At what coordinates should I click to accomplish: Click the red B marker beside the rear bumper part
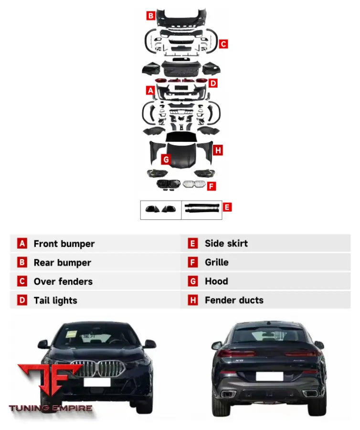pyautogui.click(x=150, y=16)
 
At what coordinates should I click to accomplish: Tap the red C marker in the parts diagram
pyautogui.click(x=223, y=44)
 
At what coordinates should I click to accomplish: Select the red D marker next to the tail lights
pyautogui.click(x=213, y=84)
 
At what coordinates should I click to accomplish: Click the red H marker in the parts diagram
pyautogui.click(x=218, y=150)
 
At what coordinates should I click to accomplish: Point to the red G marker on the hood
pyautogui.click(x=166, y=160)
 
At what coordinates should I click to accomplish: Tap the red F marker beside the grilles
pyautogui.click(x=212, y=186)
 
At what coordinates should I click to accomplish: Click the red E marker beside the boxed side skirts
pyautogui.click(x=227, y=207)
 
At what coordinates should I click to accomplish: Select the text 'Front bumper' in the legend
pyautogui.click(x=64, y=244)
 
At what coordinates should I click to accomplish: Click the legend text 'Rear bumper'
pyautogui.click(x=62, y=263)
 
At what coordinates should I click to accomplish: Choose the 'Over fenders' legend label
pyautogui.click(x=63, y=281)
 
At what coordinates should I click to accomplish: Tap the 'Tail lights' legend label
pyautogui.click(x=55, y=301)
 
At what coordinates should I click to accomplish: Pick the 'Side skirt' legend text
pyautogui.click(x=226, y=243)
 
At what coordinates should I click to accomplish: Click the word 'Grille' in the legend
pyautogui.click(x=217, y=262)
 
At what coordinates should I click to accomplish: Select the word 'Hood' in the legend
pyautogui.click(x=216, y=281)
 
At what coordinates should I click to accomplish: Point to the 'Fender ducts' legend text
pyautogui.click(x=234, y=300)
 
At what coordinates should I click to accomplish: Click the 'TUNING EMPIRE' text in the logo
pyautogui.click(x=50, y=408)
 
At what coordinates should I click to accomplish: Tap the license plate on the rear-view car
pyautogui.click(x=269, y=376)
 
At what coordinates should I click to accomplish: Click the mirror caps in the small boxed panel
pyautogui.click(x=160, y=209)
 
